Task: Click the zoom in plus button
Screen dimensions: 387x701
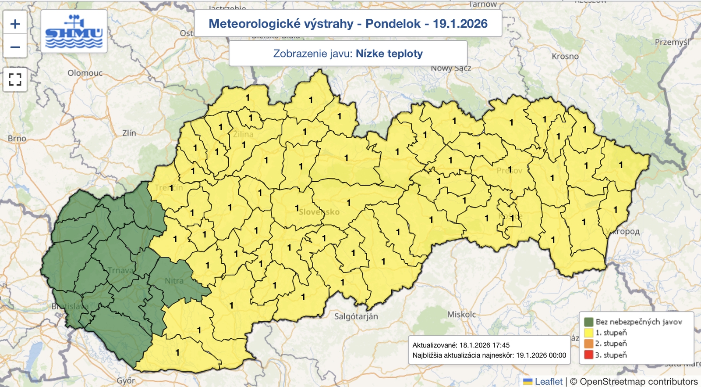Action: point(15,24)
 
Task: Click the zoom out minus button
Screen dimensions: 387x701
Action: point(15,47)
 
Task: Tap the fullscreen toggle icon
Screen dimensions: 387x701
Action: point(15,79)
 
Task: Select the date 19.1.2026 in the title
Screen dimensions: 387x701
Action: point(460,24)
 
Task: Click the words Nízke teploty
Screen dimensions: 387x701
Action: point(389,54)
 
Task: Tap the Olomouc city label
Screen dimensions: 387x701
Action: point(85,73)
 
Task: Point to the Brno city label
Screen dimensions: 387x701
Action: point(17,138)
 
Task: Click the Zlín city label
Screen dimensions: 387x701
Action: point(129,133)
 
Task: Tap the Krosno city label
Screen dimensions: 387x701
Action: point(565,56)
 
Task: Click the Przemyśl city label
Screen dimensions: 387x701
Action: point(672,42)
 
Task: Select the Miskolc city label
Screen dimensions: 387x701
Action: point(461,314)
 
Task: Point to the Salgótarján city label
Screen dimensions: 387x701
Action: point(356,316)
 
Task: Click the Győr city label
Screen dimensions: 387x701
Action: point(126,380)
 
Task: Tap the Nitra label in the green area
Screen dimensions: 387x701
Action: point(174,281)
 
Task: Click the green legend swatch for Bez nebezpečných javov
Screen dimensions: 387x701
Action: point(588,322)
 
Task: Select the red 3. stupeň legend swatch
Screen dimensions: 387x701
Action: point(588,355)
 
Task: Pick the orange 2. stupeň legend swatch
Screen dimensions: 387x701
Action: point(588,344)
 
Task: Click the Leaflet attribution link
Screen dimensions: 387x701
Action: point(548,381)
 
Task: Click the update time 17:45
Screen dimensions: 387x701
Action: point(500,345)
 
